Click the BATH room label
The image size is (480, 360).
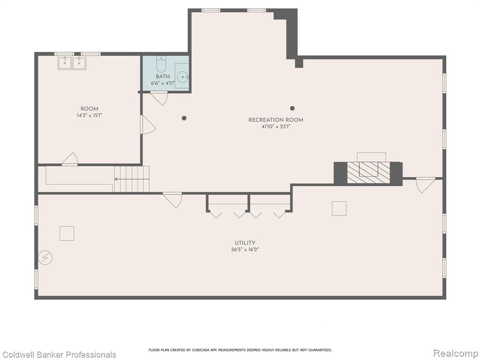tap(163, 76)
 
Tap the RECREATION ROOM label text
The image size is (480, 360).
tap(276, 120)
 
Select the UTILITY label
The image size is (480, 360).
tap(245, 243)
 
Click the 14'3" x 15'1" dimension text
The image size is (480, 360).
tap(90, 116)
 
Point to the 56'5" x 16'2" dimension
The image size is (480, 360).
tap(245, 250)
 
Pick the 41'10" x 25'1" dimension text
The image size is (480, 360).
tap(276, 127)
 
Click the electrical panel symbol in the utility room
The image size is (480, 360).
tap(45, 258)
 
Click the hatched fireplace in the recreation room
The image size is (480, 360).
tap(368, 173)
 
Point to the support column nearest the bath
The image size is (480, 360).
tap(184, 118)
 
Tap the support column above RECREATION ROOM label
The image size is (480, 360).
tap(292, 108)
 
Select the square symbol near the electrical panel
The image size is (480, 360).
tap(67, 233)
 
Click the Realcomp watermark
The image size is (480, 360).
tap(456, 353)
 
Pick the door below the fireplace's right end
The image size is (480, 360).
tap(425, 185)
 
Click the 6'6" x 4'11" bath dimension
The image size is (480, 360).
tap(163, 83)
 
